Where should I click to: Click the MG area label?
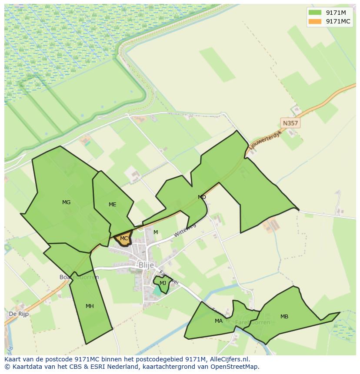(x=66, y=202)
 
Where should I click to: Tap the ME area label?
(x=112, y=205)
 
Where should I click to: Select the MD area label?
(x=202, y=197)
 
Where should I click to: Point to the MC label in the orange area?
(x=124, y=238)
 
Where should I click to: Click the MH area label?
(x=90, y=306)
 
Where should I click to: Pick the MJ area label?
(x=163, y=283)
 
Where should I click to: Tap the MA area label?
(x=218, y=321)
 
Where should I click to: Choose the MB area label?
(x=284, y=317)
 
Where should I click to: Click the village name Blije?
(x=146, y=265)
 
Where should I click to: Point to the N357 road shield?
(x=290, y=123)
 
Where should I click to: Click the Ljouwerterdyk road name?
(x=265, y=141)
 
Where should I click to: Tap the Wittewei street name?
(x=185, y=230)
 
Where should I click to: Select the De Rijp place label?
(x=19, y=314)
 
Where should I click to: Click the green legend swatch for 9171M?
(x=315, y=13)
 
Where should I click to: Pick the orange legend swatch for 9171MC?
(x=315, y=21)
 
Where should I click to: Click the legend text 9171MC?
(x=338, y=21)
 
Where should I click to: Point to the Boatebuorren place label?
(x=79, y=277)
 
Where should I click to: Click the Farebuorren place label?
(x=252, y=322)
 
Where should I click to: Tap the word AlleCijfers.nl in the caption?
(x=228, y=359)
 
